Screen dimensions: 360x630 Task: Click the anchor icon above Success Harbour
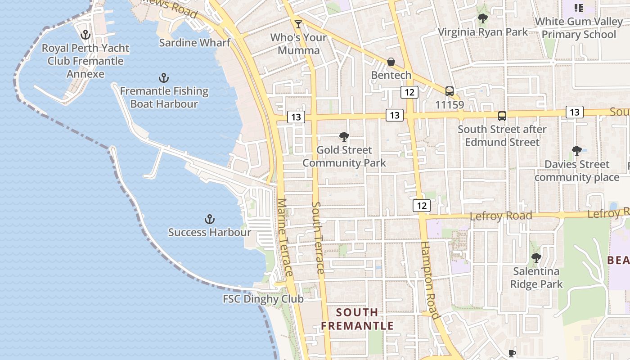tap(209, 220)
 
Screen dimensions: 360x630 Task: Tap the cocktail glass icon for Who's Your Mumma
tap(298, 24)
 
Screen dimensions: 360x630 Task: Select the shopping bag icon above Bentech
tap(391, 62)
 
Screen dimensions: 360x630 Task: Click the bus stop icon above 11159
tap(449, 91)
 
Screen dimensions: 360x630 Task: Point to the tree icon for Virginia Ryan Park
tap(482, 18)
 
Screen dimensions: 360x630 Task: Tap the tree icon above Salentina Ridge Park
tap(536, 258)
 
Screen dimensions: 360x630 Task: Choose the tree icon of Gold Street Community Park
tap(344, 136)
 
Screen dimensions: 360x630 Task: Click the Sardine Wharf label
tap(195, 43)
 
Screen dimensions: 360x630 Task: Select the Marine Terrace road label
tap(285, 238)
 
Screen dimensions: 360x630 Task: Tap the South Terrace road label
tap(318, 238)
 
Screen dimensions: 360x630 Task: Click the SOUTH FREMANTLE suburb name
tap(357, 319)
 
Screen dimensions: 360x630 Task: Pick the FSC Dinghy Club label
tap(263, 299)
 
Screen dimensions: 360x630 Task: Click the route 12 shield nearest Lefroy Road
tap(422, 206)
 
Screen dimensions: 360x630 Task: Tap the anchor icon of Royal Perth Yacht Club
tap(85, 35)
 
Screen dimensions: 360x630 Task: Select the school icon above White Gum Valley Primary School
tap(578, 8)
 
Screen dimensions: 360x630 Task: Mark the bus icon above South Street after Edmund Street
tap(502, 116)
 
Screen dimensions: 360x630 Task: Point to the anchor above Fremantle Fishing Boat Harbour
tap(164, 78)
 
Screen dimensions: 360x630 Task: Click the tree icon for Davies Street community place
tap(576, 151)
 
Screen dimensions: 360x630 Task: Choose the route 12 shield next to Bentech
tap(409, 92)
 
